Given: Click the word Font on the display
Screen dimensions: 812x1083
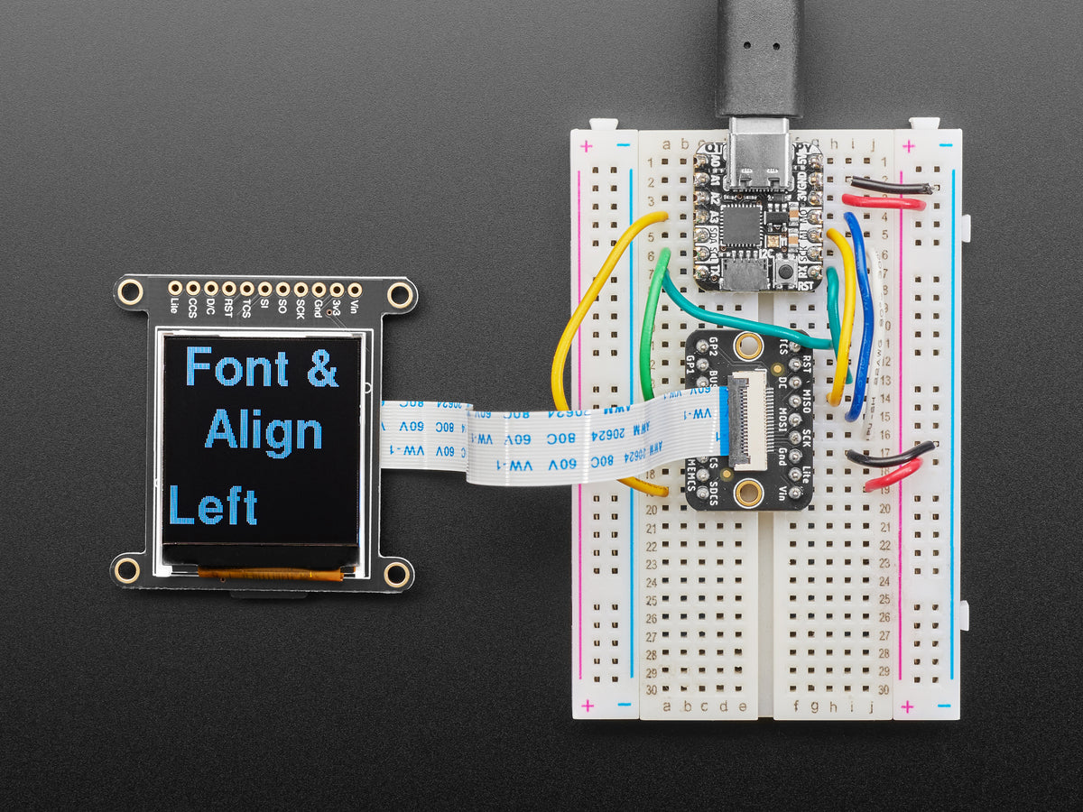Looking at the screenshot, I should tap(236, 368).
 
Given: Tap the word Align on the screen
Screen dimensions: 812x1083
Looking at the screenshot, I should tap(264, 431).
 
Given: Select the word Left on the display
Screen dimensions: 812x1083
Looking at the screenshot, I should tap(213, 506).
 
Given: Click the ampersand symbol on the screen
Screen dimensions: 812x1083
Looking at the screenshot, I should tap(322, 368).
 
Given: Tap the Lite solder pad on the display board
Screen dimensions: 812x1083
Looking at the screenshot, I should tap(175, 289).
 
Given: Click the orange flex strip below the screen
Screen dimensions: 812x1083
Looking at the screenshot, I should tap(270, 574).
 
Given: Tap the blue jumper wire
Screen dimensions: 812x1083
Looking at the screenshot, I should tap(862, 316).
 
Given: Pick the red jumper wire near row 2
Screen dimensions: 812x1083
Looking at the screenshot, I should tap(883, 203).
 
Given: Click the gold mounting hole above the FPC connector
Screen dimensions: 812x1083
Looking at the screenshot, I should tap(747, 345).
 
